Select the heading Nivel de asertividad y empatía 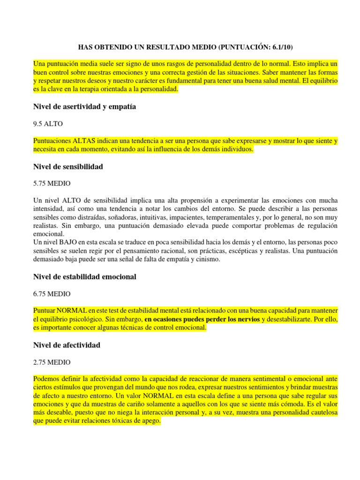point(84,106)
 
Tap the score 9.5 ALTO point(48,124)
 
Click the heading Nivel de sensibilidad point(68,166)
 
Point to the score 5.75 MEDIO point(52,183)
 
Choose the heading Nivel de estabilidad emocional point(85,277)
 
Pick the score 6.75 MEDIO point(52,294)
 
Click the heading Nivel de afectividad point(67,345)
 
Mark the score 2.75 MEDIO point(52,362)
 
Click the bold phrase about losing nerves point(202,320)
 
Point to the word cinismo point(214,259)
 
